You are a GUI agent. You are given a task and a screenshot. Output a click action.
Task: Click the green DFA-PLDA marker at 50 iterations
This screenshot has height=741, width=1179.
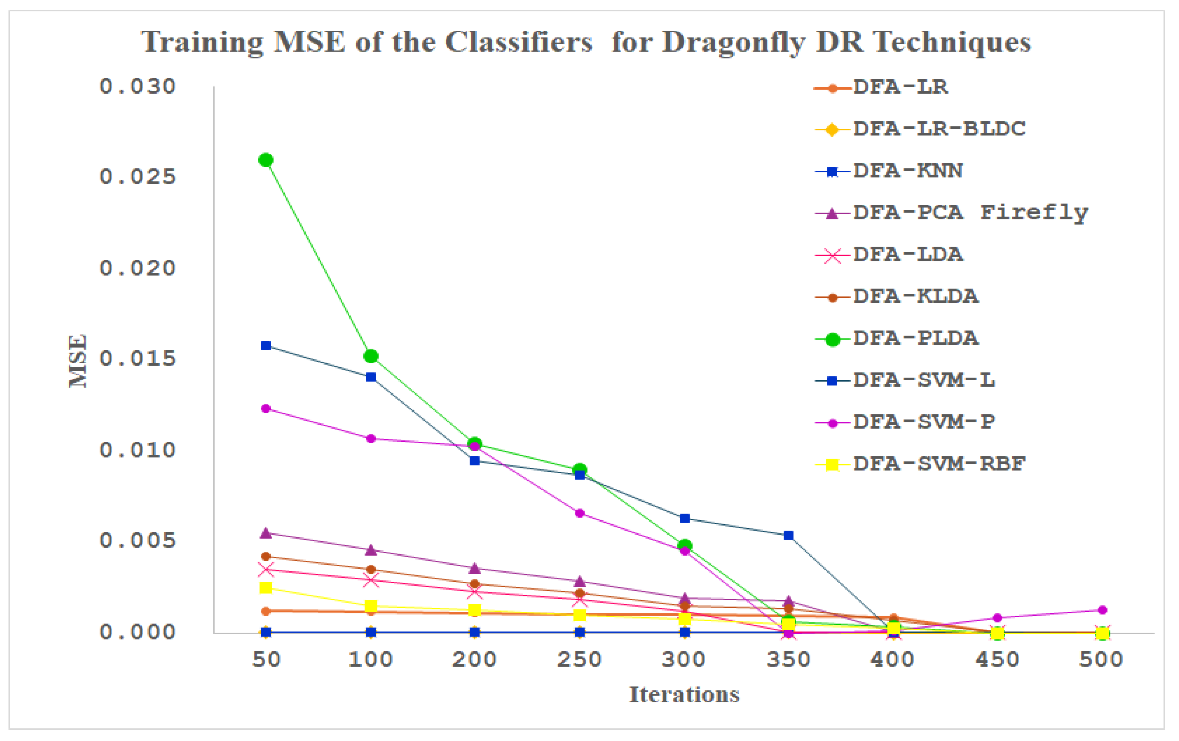tap(266, 160)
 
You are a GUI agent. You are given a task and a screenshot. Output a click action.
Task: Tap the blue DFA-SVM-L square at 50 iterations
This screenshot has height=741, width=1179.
tap(266, 346)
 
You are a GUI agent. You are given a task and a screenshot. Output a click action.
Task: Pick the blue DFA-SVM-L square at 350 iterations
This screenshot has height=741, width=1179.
tap(788, 535)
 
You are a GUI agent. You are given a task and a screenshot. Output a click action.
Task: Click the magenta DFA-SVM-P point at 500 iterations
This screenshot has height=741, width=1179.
tap(1102, 610)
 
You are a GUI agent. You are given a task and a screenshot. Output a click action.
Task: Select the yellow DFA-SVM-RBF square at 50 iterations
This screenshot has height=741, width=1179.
tap(266, 587)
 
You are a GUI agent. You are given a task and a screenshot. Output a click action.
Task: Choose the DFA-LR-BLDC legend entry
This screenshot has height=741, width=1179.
tap(939, 129)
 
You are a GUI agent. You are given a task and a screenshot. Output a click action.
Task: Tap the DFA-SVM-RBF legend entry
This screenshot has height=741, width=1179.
tap(939, 464)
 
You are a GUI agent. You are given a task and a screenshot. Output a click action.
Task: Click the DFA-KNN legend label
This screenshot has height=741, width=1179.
tap(907, 171)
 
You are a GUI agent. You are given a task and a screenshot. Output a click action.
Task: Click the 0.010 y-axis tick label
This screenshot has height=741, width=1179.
tap(137, 450)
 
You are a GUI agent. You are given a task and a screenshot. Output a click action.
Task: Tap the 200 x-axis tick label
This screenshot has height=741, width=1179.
tap(474, 660)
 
